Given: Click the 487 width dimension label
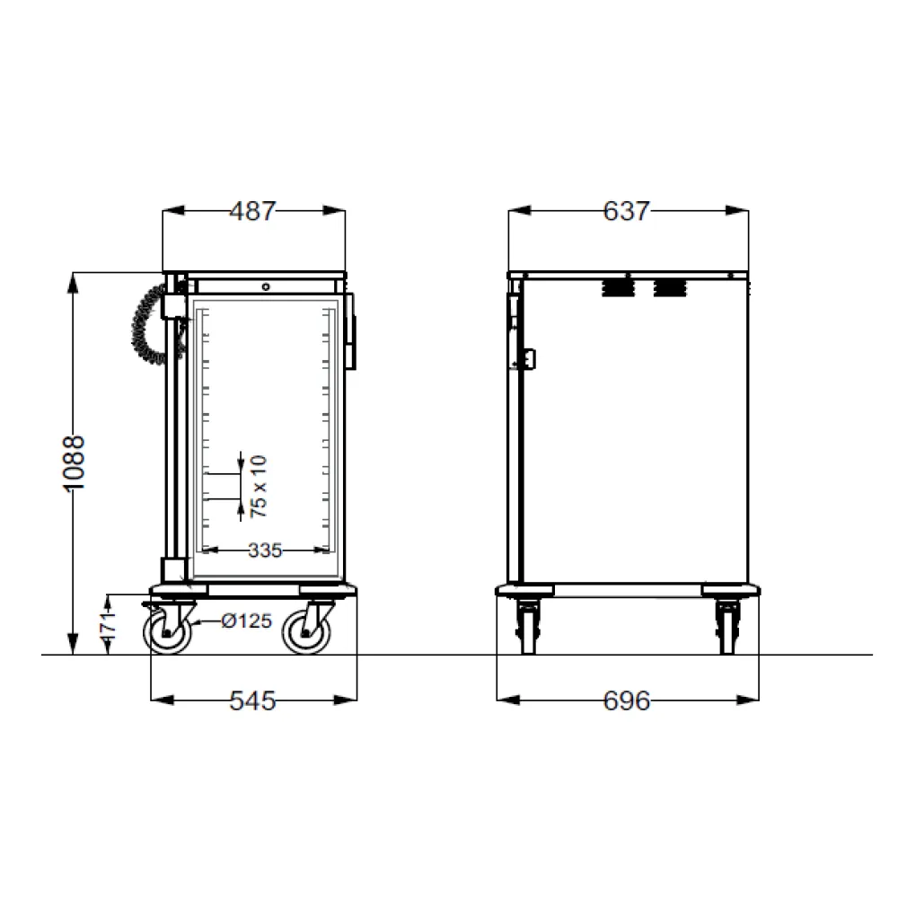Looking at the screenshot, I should coord(252,211).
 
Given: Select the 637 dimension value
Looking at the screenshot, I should coord(626,211).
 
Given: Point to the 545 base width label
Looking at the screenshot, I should coord(252,701).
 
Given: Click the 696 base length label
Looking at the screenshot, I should coord(626,701).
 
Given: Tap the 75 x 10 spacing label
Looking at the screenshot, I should coord(259,486).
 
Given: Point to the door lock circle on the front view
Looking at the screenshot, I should coord(266,286).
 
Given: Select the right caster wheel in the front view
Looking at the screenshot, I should coord(306,632).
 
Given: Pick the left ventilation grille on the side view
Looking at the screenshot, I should coord(616,287).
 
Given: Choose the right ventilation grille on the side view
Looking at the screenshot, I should coord(669,287).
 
